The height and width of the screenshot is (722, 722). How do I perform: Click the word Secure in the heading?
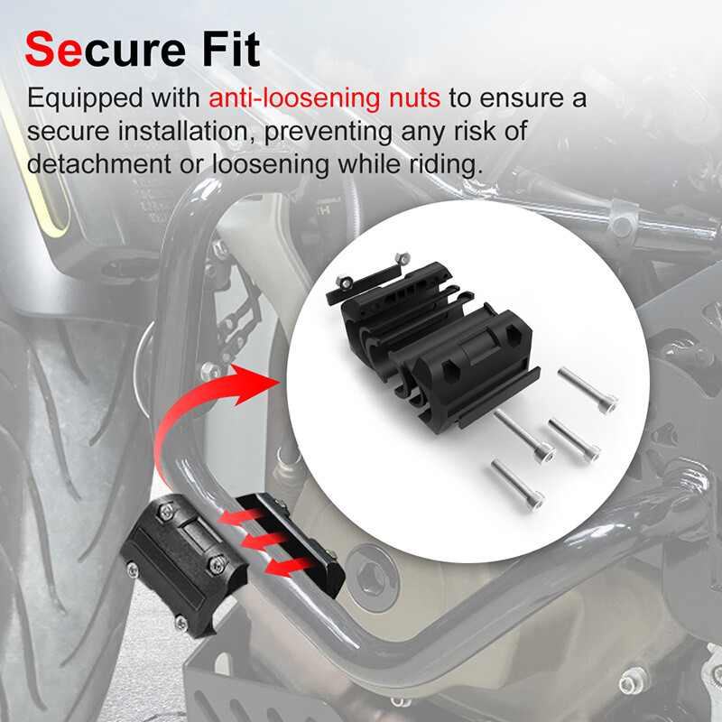click(106, 50)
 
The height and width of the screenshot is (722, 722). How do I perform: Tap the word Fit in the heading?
click(231, 49)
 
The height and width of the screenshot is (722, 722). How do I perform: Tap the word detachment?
click(99, 164)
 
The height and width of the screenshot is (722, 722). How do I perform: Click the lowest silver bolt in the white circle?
click(517, 485)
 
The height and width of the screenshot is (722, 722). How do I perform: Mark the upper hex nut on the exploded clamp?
click(403, 258)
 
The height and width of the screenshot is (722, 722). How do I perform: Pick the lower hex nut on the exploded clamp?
click(343, 281)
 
